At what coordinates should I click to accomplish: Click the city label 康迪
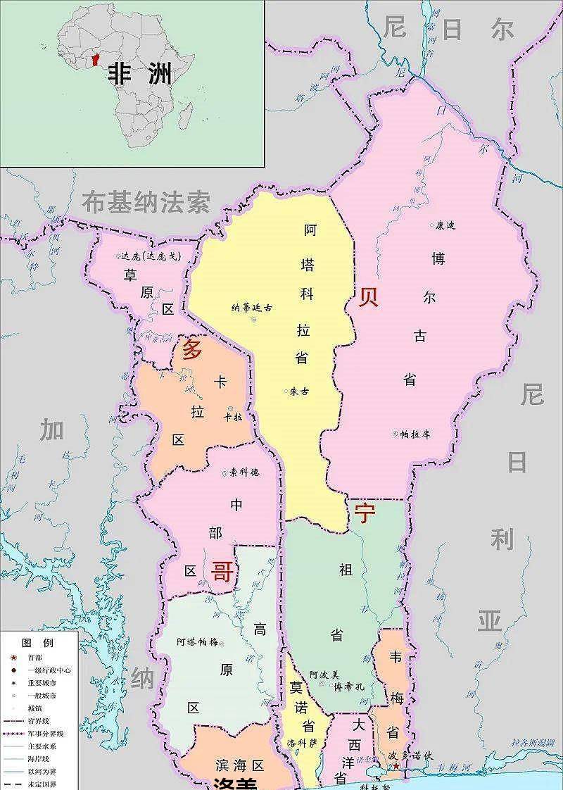[446, 226]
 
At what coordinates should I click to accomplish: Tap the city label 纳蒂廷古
[252, 308]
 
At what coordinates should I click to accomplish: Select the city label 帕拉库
[415, 434]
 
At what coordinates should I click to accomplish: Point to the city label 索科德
[244, 472]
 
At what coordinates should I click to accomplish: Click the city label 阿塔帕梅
[198, 641]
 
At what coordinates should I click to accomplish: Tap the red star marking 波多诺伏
[396, 766]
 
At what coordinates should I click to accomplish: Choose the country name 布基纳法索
[146, 203]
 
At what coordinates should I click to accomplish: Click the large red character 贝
[369, 297]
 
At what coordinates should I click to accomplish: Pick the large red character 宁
[365, 513]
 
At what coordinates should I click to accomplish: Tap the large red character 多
[191, 349]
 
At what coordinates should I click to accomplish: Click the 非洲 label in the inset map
[139, 75]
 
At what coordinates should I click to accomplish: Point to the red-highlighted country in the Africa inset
[96, 58]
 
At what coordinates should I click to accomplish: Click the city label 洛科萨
[303, 744]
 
